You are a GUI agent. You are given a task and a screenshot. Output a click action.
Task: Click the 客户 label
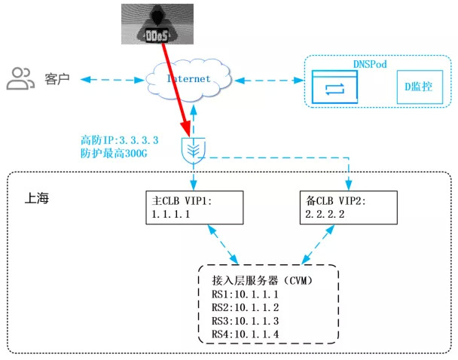[x=56, y=78]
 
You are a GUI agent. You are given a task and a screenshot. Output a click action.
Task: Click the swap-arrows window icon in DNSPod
[x=333, y=89]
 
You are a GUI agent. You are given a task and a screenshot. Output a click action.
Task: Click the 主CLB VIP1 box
[x=194, y=207]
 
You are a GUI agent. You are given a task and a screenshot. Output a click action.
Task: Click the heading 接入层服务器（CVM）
[x=261, y=280]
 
